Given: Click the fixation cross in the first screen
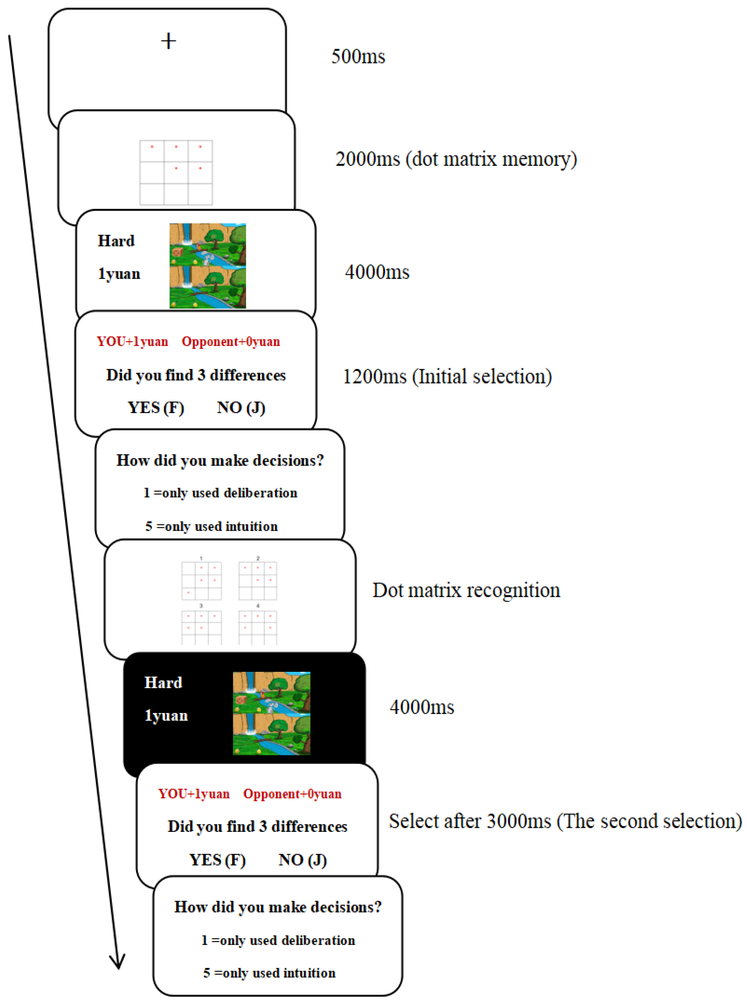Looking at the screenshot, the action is click(x=168, y=41).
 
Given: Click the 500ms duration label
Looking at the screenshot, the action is click(x=358, y=57).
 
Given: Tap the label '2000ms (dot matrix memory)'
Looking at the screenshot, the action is click(x=456, y=159).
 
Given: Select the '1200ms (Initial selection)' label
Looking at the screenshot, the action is click(x=447, y=377).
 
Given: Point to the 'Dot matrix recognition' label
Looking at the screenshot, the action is click(x=466, y=591).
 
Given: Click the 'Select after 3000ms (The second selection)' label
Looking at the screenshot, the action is click(x=565, y=821).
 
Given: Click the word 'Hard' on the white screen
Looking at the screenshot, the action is click(x=116, y=241).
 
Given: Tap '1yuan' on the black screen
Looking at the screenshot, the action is click(x=166, y=716).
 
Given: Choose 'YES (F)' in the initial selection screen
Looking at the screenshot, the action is click(x=156, y=408).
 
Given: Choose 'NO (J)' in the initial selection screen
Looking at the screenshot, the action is click(x=241, y=408).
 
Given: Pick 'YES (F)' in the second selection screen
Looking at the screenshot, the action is click(x=217, y=860).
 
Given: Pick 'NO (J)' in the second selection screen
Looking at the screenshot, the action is click(x=303, y=860).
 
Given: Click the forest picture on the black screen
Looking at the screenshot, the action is click(x=271, y=713).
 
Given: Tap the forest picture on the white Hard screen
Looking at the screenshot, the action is click(x=208, y=266).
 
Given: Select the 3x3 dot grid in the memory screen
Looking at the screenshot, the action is click(x=176, y=173).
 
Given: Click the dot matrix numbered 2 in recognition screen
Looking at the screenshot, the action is click(x=258, y=580).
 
